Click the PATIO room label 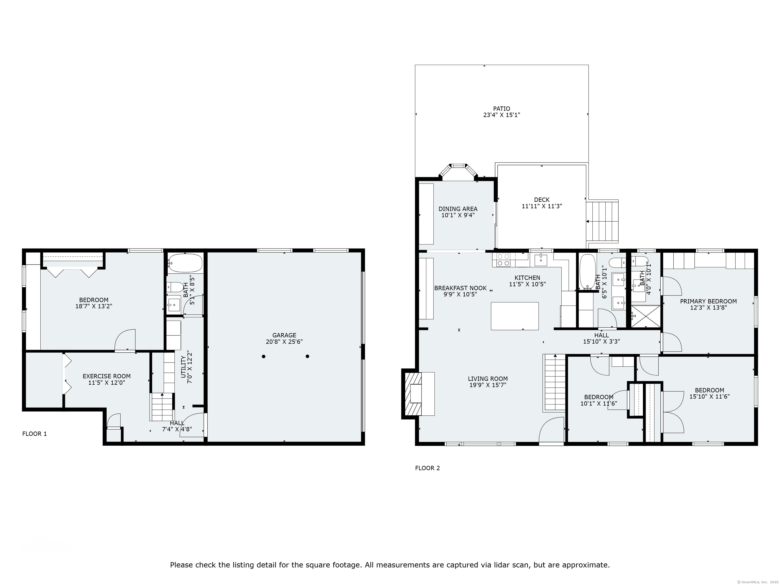(x=501, y=109)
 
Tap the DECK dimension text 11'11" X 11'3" (x=542, y=206)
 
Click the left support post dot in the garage (x=263, y=356)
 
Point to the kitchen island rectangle (x=515, y=316)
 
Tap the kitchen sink (x=541, y=260)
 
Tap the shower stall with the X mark (x=645, y=316)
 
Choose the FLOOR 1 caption (x=35, y=434)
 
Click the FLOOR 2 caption (x=427, y=468)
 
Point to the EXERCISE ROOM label (x=106, y=376)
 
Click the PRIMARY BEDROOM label (x=708, y=301)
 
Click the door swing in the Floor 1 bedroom (x=125, y=339)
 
